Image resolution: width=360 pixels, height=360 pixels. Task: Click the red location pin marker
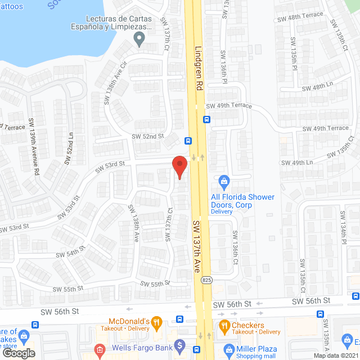point(179,166)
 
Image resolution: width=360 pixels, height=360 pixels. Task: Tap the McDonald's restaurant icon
point(156,323)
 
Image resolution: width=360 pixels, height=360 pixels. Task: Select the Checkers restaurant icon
point(224,325)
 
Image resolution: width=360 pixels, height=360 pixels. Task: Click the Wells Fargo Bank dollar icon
point(180,344)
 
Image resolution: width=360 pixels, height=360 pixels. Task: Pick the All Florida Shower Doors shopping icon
point(224,181)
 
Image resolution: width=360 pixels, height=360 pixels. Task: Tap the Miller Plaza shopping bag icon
point(228,350)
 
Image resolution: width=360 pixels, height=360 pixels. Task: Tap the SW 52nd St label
point(147,136)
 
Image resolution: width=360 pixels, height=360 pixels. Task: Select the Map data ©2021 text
point(335,355)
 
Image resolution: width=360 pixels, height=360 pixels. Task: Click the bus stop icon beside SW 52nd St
point(188,141)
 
